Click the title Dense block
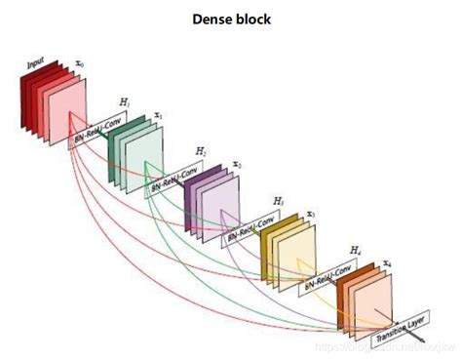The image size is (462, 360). point(230,18)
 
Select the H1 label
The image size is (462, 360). point(124,102)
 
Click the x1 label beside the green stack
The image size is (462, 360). point(159,115)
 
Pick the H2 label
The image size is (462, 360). point(201,151)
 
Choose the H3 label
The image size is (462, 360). point(279,200)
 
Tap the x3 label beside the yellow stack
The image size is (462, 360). point(310,215)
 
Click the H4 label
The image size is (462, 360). point(354,251)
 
